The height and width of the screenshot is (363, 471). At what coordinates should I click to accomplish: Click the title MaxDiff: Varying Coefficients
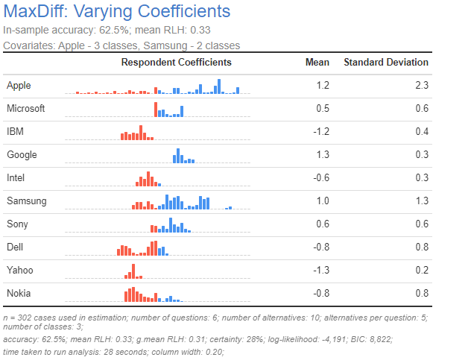tap(117, 13)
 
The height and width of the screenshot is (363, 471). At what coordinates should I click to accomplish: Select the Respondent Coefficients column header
tap(176, 63)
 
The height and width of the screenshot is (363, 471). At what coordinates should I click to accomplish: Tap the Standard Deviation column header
tap(385, 63)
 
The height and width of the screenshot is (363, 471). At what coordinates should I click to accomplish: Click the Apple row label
tap(19, 86)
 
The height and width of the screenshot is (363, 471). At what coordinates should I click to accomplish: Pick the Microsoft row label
tap(25, 109)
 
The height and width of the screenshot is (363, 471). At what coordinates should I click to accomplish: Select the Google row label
tap(22, 155)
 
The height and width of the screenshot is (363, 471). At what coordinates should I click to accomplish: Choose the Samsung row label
tap(26, 201)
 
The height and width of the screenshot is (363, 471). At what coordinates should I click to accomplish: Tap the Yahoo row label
tap(20, 271)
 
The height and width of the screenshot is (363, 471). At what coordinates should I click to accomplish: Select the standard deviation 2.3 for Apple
tap(422, 86)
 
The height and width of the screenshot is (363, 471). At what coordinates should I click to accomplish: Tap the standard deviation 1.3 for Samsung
tap(422, 201)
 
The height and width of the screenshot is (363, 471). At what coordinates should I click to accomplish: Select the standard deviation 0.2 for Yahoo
tap(422, 271)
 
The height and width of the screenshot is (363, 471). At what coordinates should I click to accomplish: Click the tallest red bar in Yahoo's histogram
tap(133, 270)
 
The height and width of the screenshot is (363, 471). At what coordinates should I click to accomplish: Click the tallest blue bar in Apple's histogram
tap(218, 86)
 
